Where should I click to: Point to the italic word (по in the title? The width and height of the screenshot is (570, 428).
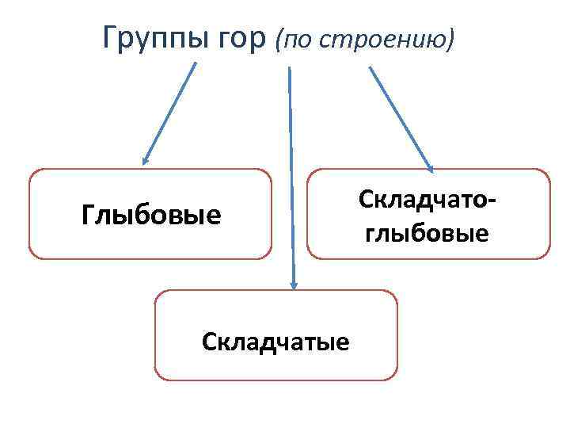click(x=292, y=38)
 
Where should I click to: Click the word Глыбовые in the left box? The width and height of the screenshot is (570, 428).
click(x=151, y=214)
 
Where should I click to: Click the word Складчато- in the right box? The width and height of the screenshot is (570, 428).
click(x=427, y=199)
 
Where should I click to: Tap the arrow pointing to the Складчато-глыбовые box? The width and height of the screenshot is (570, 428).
click(x=400, y=117)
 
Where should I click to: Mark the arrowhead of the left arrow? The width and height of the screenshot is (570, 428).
click(x=146, y=159)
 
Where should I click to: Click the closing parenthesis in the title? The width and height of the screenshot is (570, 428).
click(x=451, y=38)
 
